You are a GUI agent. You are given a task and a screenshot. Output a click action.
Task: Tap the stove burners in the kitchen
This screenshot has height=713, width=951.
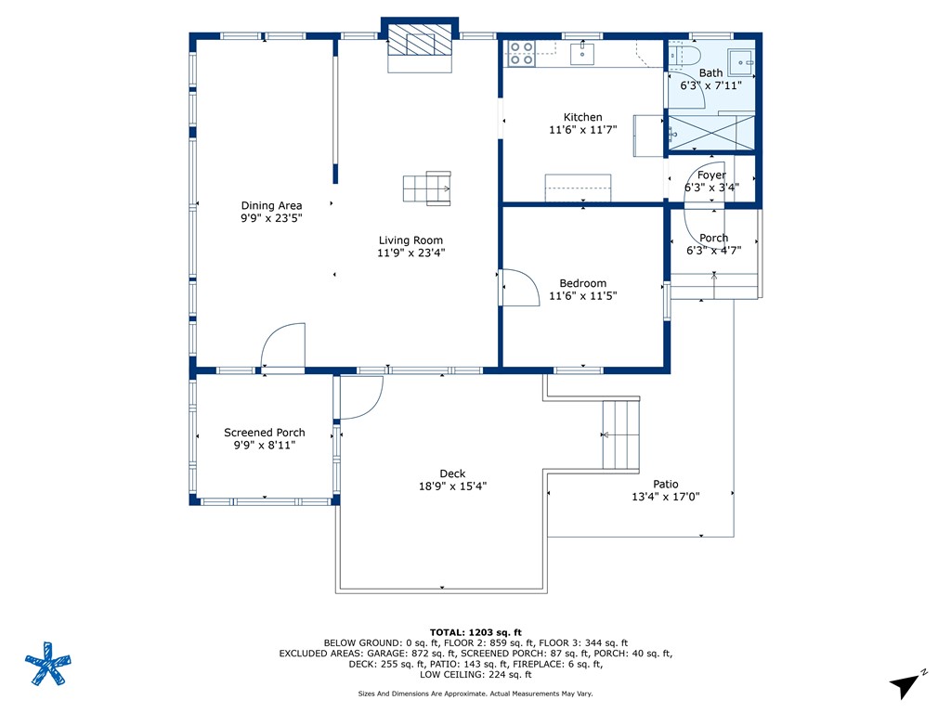521,53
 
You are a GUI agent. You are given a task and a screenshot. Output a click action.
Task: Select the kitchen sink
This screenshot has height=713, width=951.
582,53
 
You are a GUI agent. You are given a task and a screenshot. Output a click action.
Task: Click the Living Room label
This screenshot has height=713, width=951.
410,240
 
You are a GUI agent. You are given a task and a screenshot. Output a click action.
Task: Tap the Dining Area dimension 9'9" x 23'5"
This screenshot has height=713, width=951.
271,218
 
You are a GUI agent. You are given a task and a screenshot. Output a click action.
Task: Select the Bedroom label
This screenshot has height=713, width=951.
583,283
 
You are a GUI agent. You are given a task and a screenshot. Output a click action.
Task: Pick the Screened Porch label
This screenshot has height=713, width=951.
265,433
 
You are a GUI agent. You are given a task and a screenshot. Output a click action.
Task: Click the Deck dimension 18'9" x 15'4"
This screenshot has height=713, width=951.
452,486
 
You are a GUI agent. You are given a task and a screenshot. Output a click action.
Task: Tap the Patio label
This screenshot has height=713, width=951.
665,484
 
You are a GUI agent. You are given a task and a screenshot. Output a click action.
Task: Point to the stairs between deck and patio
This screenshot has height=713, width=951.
621,434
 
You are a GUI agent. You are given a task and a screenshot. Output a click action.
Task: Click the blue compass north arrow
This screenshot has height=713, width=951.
905,686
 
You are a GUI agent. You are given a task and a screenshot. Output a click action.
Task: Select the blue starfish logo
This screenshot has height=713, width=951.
48,664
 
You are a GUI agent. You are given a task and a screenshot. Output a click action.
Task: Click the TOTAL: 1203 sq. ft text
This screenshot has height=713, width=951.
475,632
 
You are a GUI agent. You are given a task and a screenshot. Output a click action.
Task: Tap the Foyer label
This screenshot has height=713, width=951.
711,175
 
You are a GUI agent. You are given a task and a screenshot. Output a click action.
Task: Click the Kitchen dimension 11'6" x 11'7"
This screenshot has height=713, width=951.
583,130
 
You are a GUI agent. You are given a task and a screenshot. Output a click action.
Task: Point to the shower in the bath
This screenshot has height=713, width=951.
710,132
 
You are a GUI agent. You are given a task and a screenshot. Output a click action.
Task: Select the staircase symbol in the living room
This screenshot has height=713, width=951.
427,188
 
